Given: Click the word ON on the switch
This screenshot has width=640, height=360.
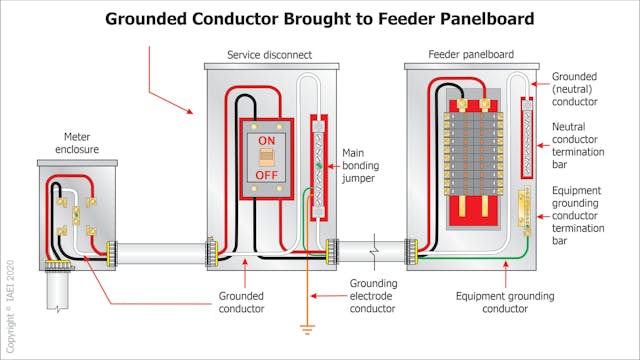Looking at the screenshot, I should click(x=266, y=142).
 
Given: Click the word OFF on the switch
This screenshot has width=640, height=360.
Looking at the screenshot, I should click(x=266, y=175).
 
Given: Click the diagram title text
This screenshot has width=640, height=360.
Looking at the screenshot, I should click(x=319, y=18).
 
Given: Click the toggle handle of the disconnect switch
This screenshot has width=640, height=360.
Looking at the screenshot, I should click(x=266, y=158).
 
